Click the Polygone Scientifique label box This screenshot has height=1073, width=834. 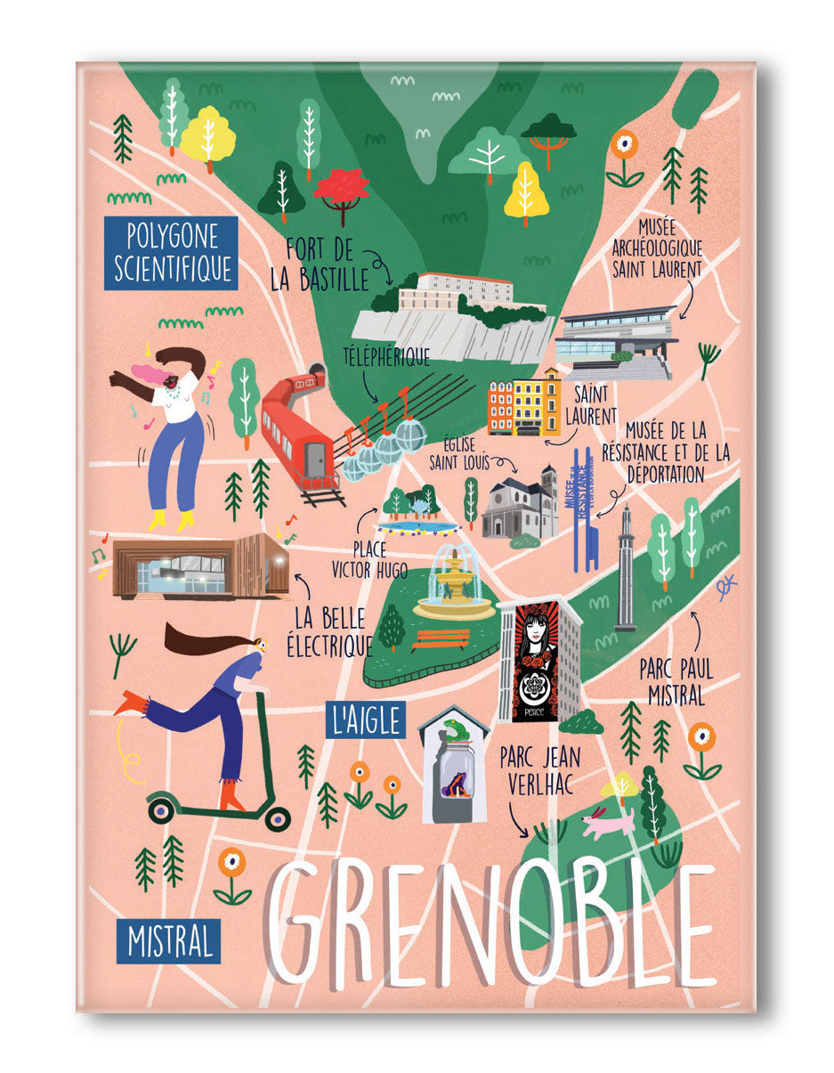click(170, 252)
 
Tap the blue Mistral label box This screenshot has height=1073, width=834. click(168, 942)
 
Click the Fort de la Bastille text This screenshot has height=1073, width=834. click(320, 264)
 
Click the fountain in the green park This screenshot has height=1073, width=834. click(454, 584)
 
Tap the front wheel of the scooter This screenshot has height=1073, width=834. click(278, 817)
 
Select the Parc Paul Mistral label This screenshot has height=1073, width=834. click(677, 681)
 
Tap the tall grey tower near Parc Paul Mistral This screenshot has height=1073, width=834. click(625, 570)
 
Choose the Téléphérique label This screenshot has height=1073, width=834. click(386, 357)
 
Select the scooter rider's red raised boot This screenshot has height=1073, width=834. click(131, 703)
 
